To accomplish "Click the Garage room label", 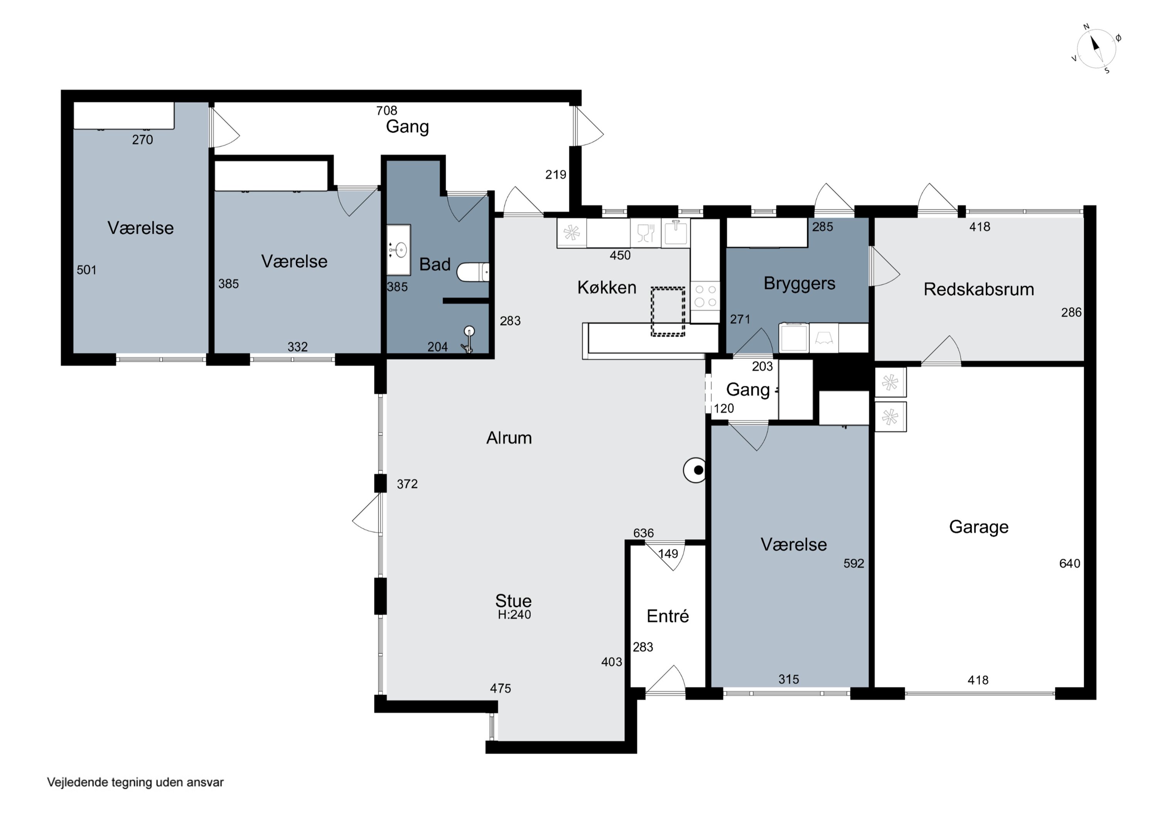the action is click(x=978, y=528).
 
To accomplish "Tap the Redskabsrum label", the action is click(x=978, y=289).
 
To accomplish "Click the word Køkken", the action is click(x=607, y=287).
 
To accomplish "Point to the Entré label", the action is click(x=668, y=616).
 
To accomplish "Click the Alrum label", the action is click(x=509, y=437).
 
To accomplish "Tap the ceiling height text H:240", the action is click(x=514, y=614).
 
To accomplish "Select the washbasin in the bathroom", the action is click(x=399, y=250).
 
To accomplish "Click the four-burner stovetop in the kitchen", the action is click(x=705, y=296).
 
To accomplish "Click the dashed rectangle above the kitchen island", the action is click(x=668, y=312).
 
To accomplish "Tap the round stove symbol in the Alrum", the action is click(x=695, y=470).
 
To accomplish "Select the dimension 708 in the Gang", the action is click(x=386, y=110).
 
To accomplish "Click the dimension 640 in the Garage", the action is click(x=1069, y=563).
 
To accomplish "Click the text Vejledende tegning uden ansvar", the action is click(x=135, y=782).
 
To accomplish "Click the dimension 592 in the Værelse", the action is click(x=853, y=563).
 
